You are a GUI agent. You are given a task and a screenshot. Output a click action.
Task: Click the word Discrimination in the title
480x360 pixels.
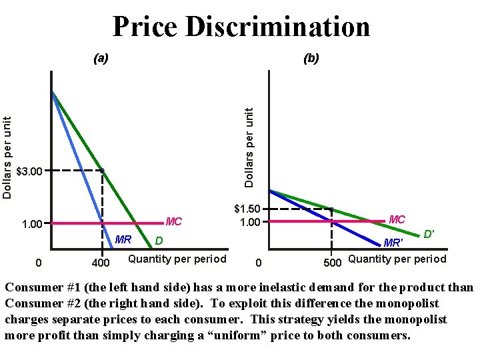click(278, 27)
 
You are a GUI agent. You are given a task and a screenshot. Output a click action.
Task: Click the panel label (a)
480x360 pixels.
click(100, 59)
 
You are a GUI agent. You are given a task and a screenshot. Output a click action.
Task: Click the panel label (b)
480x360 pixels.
click(311, 59)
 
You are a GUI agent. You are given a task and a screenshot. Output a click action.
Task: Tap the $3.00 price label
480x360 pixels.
click(29, 172)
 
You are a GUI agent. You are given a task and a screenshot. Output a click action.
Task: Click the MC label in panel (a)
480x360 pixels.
click(173, 221)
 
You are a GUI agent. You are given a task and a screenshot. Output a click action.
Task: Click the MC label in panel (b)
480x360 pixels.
click(397, 219)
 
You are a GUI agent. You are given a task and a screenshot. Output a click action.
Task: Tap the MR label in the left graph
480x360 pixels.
click(123, 239)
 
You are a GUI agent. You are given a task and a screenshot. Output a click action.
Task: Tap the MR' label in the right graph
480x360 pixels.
click(393, 243)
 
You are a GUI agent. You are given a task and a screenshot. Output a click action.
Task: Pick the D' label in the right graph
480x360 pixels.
click(429, 234)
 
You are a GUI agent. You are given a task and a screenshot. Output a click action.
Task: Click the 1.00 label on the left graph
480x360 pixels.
click(32, 224)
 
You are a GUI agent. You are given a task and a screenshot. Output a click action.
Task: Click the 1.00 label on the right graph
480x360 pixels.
click(250, 222)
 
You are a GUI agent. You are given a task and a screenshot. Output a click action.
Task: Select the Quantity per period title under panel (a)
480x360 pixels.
click(177, 259)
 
